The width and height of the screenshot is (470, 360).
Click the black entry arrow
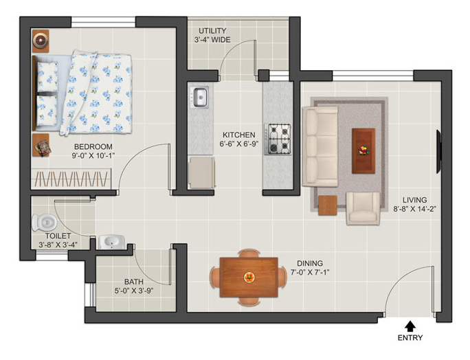tap(410, 326)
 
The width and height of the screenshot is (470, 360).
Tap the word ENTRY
tap(410, 338)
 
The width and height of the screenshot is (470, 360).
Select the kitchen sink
tap(199, 97)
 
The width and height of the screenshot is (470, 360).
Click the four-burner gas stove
tap(278, 139)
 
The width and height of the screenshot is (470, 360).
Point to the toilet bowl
tap(45, 223)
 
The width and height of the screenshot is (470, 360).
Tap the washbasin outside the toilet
tap(111, 242)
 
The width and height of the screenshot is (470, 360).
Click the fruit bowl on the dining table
tap(249, 278)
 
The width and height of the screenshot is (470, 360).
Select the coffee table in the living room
tap(363, 150)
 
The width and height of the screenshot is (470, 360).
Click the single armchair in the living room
tap(363, 208)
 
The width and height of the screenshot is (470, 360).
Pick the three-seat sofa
tap(320, 146)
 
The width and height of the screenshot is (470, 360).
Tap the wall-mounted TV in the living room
tap(438, 151)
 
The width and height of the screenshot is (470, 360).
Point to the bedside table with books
tap(41, 145)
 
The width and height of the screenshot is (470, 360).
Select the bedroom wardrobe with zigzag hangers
tap(71, 179)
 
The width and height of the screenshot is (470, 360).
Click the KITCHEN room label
tap(239, 135)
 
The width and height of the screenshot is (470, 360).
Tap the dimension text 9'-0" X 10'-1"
tap(93, 155)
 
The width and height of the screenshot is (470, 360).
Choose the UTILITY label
tap(212, 31)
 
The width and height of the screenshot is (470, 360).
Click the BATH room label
tap(134, 282)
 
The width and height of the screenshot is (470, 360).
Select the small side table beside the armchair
tap(328, 205)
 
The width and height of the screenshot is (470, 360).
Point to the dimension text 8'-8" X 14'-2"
tap(414, 209)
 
